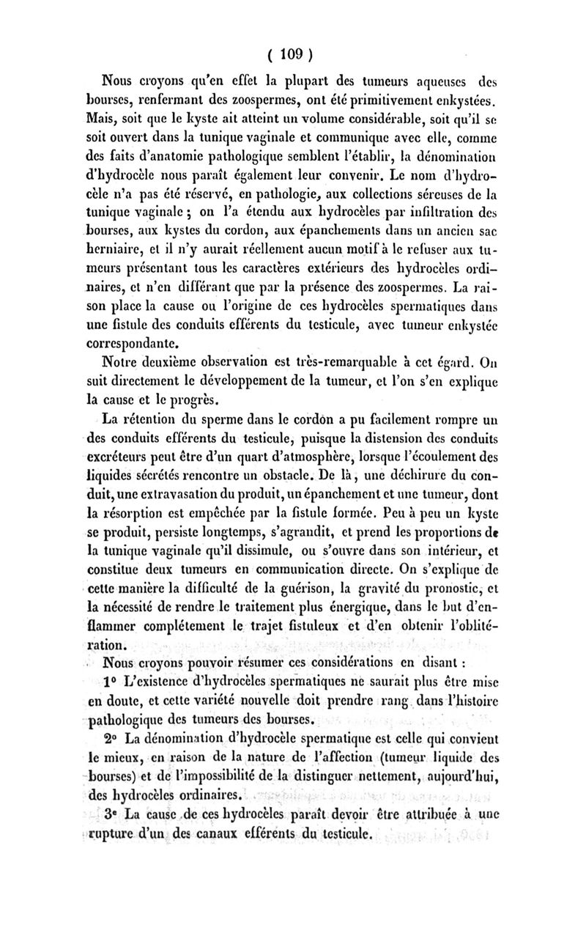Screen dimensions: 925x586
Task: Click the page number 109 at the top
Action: (x=292, y=53)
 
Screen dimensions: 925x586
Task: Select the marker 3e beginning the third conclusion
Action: (x=113, y=815)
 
